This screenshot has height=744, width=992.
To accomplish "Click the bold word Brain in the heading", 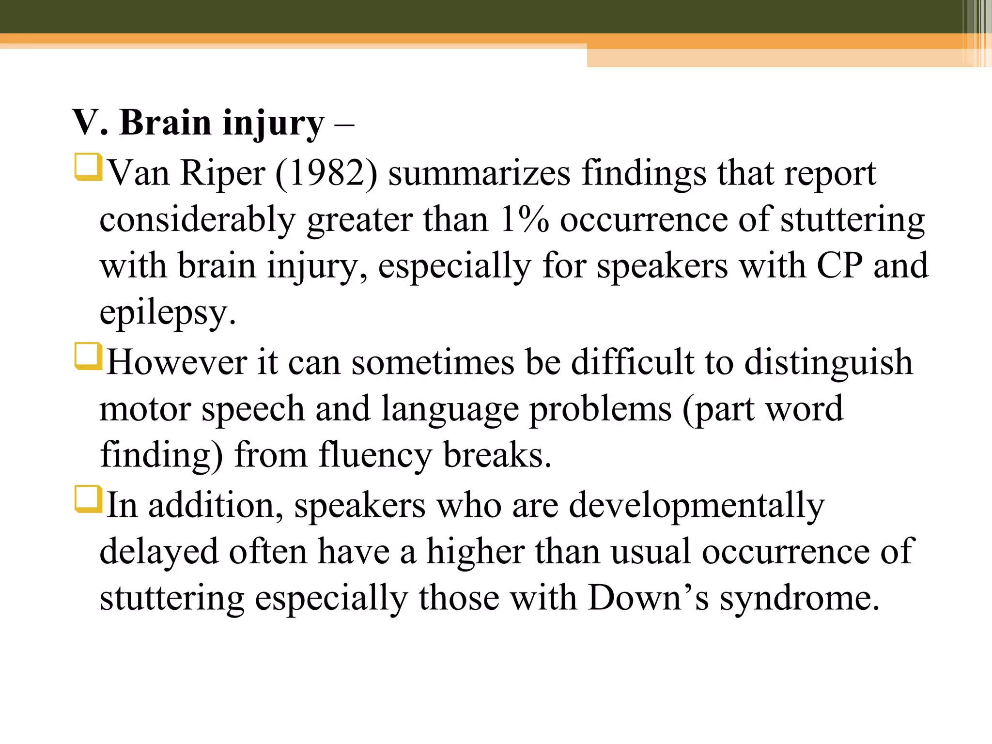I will [165, 123].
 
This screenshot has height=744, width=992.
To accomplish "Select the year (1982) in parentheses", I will [326, 173].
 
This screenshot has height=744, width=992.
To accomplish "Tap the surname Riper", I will [222, 174].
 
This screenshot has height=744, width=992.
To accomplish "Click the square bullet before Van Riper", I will [88, 167].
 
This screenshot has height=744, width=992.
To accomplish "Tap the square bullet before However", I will [88, 356].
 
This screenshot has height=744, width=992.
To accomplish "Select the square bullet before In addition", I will [88, 499].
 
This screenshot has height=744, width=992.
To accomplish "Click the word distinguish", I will [828, 363].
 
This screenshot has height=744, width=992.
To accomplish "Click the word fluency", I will [374, 456].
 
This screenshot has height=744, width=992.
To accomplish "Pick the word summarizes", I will [479, 173].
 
